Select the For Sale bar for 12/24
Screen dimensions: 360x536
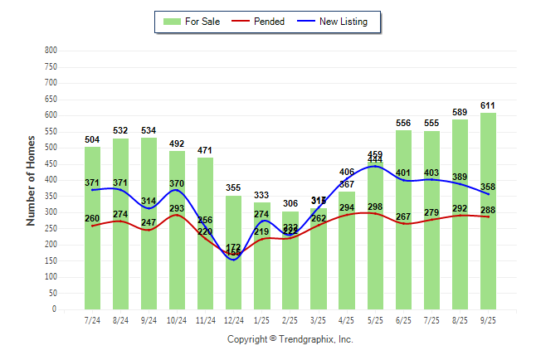pyautogui.click(x=234, y=282)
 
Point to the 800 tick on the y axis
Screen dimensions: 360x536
pyautogui.click(x=51, y=51)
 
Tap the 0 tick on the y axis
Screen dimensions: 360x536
pyautogui.click(x=54, y=309)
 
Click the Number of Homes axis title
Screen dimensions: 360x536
pyautogui.click(x=31, y=181)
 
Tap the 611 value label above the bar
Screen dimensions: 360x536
pyautogui.click(x=489, y=105)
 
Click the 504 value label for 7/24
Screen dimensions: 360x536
pyautogui.click(x=92, y=140)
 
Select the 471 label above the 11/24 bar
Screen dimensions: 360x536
pyautogui.click(x=206, y=151)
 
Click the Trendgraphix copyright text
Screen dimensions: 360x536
pyautogui.click(x=290, y=339)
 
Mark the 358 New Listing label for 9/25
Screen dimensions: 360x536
pyautogui.click(x=489, y=187)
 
